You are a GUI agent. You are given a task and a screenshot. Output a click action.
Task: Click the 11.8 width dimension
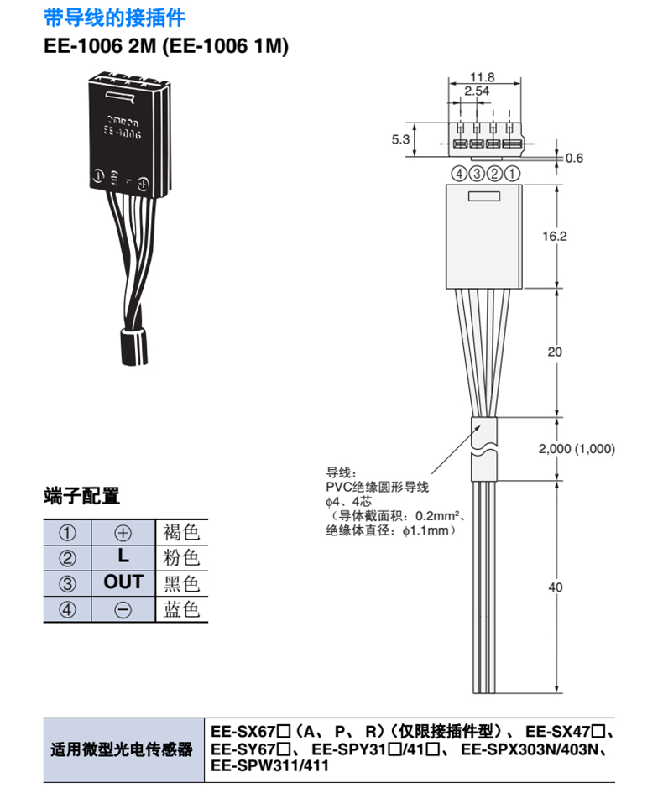click(x=482, y=77)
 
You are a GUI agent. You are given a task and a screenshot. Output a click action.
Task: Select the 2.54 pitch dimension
click(x=477, y=91)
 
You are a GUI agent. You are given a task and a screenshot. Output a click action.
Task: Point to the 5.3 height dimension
click(x=400, y=139)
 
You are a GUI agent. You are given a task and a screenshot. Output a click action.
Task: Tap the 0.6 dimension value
click(x=574, y=158)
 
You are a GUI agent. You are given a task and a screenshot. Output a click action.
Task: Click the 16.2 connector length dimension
click(x=555, y=236)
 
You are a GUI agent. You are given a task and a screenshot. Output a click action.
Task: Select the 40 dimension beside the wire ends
click(x=556, y=587)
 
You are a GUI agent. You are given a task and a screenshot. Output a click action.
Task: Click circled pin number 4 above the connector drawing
click(x=459, y=174)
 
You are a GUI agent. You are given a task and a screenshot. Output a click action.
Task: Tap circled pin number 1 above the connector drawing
click(x=512, y=174)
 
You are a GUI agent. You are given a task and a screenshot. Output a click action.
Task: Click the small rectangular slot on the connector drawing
click(x=484, y=196)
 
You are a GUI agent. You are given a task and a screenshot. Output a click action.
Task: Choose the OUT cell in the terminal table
click(x=123, y=582)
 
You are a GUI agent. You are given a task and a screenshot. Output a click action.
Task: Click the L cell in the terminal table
click(x=123, y=557)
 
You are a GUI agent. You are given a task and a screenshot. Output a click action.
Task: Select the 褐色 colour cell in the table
click(x=181, y=532)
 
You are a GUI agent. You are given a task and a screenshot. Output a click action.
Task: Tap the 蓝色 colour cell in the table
click(x=181, y=609)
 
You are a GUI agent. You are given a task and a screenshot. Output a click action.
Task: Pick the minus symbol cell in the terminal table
click(x=123, y=609)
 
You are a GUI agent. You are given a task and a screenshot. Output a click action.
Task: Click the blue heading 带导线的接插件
click(x=115, y=18)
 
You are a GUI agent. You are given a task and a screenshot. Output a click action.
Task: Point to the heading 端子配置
click(x=82, y=495)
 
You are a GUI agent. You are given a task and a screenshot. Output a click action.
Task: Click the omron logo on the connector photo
click(x=123, y=121)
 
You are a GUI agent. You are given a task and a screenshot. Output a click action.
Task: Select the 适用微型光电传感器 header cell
click(x=122, y=749)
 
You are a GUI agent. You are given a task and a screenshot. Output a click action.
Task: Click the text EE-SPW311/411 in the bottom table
click(x=270, y=766)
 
